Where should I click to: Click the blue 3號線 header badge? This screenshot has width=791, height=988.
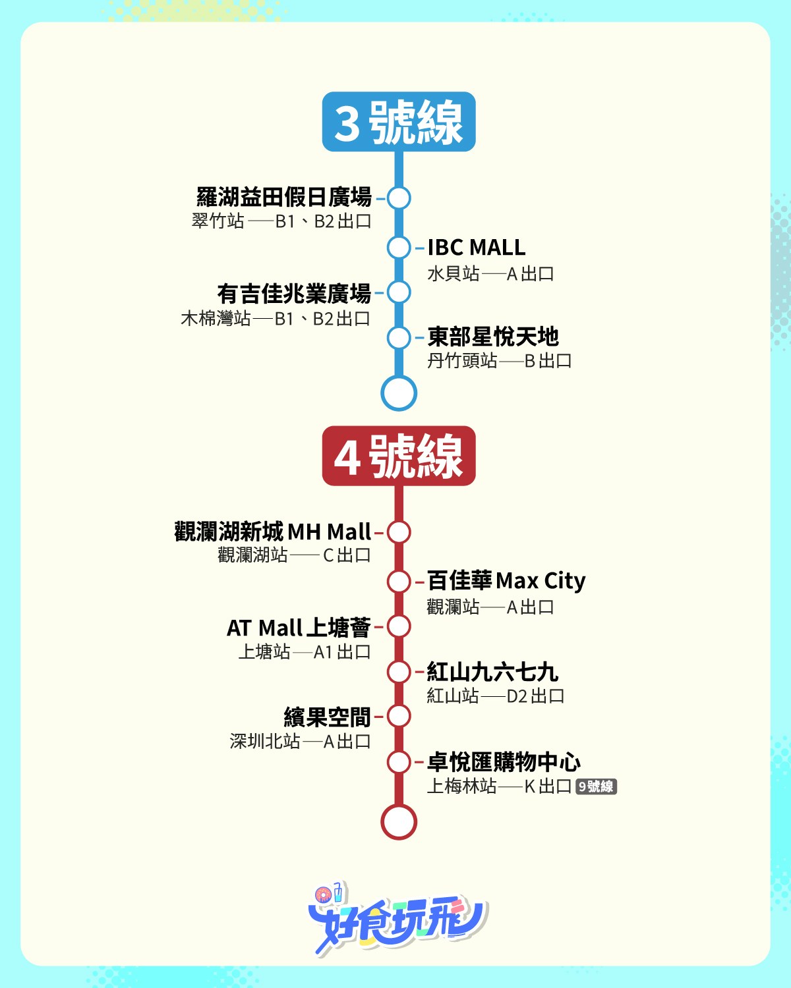(399, 122)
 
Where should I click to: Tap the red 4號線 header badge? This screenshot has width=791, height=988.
(399, 456)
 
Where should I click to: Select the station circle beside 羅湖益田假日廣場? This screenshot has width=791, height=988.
(399, 198)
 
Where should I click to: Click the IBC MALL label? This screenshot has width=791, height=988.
(476, 248)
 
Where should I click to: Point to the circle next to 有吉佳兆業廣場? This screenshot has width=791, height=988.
(399, 292)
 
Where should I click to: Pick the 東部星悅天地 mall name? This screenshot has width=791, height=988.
(493, 337)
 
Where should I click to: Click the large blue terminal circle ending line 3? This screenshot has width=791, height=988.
(399, 393)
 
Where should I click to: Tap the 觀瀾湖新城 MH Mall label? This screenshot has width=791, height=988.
(272, 532)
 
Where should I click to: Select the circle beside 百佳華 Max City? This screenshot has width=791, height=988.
(399, 582)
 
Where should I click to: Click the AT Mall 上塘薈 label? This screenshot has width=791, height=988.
(299, 628)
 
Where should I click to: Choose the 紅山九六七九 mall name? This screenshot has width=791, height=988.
(492, 672)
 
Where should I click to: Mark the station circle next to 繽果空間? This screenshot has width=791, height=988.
(399, 716)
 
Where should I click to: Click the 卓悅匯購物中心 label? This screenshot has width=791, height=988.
(504, 762)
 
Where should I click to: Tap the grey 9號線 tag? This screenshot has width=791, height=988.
(596, 786)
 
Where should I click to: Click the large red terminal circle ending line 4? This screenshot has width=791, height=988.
(399, 822)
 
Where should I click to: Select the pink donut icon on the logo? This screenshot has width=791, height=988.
(322, 895)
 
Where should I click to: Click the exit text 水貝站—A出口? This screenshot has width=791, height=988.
(490, 274)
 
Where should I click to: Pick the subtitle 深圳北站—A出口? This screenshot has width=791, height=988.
(300, 742)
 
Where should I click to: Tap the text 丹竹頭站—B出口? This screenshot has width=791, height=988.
(500, 361)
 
